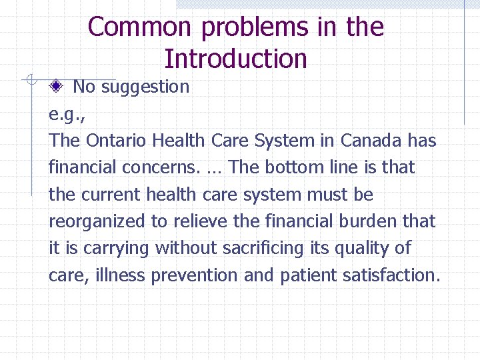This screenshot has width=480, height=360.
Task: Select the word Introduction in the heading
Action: [x=235, y=59]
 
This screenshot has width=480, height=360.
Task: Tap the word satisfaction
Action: [x=390, y=275]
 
